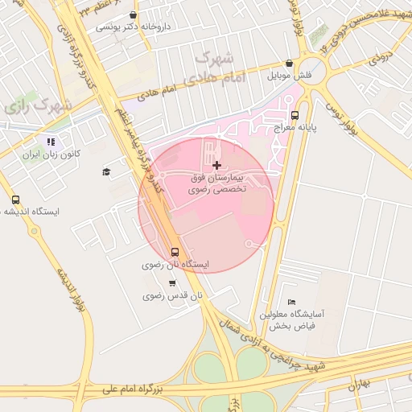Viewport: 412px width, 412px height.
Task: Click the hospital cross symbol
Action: pyautogui.click(x=216, y=165)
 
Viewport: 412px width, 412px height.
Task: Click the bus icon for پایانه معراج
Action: pyautogui.click(x=295, y=114)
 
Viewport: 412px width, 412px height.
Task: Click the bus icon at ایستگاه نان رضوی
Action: pyautogui.click(x=175, y=250)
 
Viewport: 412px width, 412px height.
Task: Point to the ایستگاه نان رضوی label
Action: pyautogui.click(x=175, y=264)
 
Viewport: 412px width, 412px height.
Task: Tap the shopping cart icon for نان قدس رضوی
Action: pyautogui.click(x=172, y=282)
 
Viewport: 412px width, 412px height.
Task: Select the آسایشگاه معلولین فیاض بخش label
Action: pyautogui.click(x=291, y=320)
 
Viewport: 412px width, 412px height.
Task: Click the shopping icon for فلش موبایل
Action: pyautogui.click(x=289, y=63)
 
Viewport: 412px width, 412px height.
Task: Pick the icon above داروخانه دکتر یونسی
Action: pyautogui.click(x=134, y=14)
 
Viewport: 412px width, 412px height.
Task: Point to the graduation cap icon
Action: pyautogui.click(x=106, y=171)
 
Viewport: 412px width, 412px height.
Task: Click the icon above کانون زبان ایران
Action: pyautogui.click(x=51, y=142)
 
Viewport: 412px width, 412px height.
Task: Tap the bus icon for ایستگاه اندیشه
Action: pyautogui.click(x=16, y=200)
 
